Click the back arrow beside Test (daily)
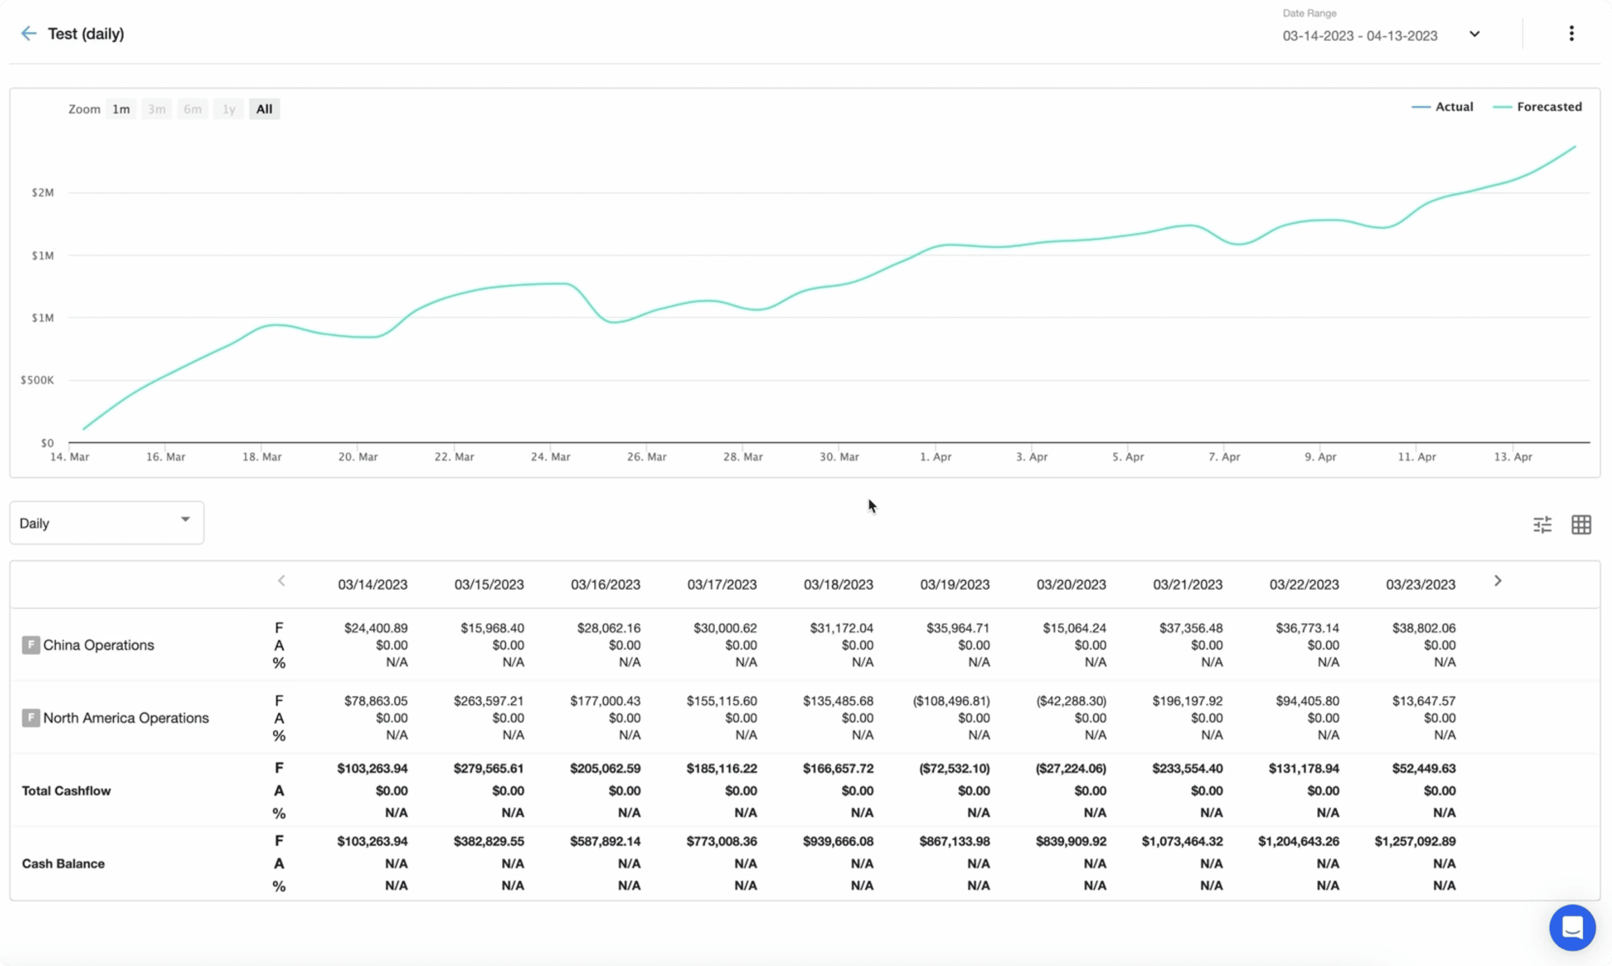point(29,33)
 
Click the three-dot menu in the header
point(1571,33)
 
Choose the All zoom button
point(264,109)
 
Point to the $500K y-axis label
point(37,379)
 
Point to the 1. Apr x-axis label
point(935,457)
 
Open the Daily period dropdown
point(106,523)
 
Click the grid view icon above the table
point(1581,524)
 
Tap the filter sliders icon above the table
point(1542,524)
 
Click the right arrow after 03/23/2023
point(1497,581)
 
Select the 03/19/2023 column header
point(954,585)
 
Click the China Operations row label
point(98,645)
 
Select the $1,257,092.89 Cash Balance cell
point(1415,841)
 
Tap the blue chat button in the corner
point(1571,927)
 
